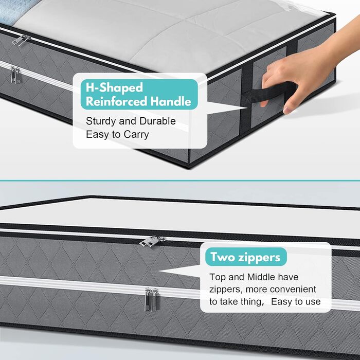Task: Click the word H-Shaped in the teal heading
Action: pos(114,88)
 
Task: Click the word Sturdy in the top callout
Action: pos(100,121)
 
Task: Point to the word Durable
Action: pos(157,121)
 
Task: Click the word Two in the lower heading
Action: pos(222,257)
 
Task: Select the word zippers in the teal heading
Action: pos(259,258)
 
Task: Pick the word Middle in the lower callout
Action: pos(261,277)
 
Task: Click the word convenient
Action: pos(293,289)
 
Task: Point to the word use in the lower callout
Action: pos(313,302)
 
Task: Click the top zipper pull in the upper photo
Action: pos(21,41)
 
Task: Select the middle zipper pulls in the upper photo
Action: pos(15,75)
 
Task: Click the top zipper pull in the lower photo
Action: pos(152,242)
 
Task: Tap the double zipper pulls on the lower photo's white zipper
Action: pos(152,300)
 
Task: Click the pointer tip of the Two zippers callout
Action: pos(159,271)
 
